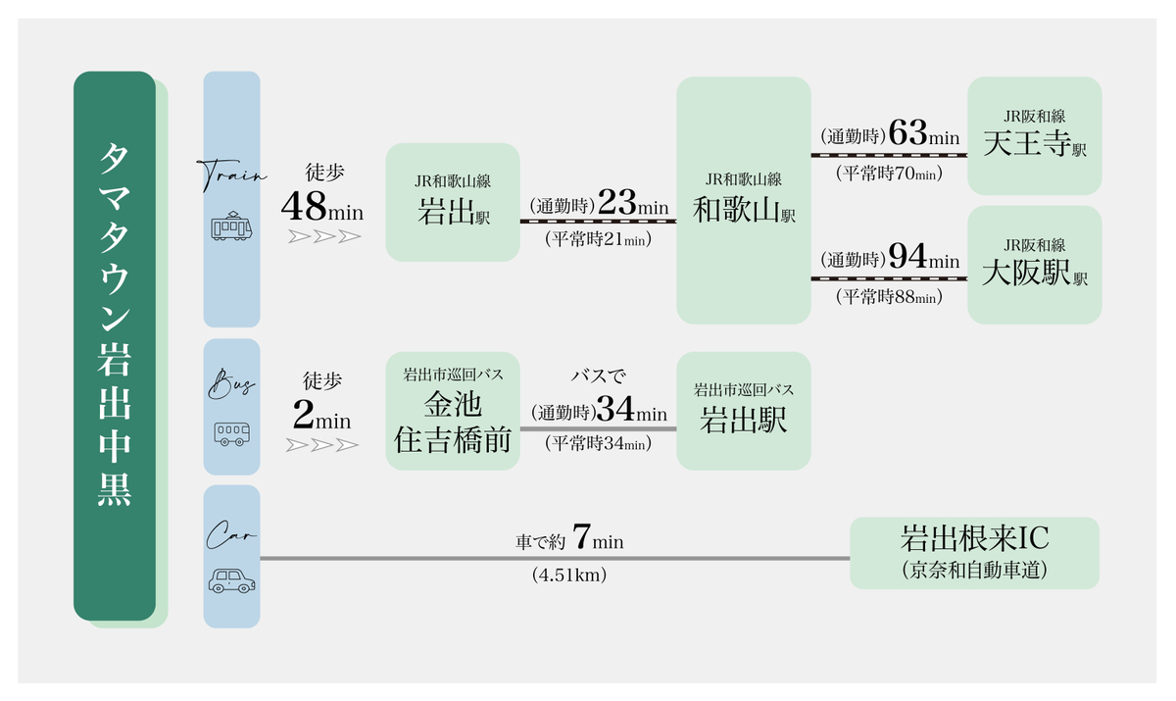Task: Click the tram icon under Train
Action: click(231, 225)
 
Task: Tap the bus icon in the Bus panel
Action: click(231, 433)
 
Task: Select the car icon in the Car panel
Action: click(231, 580)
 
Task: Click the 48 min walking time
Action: click(321, 206)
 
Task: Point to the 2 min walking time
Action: click(321, 414)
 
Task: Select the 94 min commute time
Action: click(924, 256)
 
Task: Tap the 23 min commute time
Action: click(633, 202)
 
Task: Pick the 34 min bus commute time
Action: click(631, 409)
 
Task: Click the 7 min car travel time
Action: click(598, 536)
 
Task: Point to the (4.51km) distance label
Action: click(569, 575)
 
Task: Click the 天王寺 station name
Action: click(1027, 143)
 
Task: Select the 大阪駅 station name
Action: click(1026, 272)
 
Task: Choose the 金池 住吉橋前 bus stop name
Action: click(453, 422)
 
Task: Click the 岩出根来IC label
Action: click(975, 537)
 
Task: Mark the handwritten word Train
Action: click(231, 175)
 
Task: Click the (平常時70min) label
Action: click(890, 173)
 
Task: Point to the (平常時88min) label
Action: click(890, 297)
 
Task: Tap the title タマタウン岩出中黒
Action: click(115, 325)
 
